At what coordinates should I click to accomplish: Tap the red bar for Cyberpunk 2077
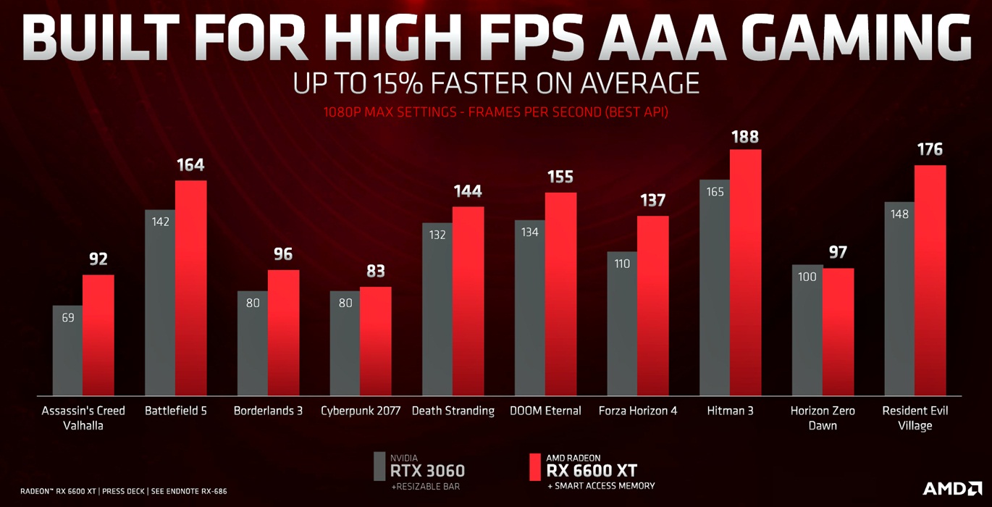tap(376, 340)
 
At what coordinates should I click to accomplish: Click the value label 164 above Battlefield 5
tap(191, 165)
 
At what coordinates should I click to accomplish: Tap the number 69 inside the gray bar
tap(68, 317)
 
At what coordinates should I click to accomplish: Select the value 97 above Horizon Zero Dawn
tap(838, 253)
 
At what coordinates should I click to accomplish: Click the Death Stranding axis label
tap(453, 411)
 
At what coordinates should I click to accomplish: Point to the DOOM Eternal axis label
tap(546, 411)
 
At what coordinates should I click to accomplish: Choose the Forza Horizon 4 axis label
tap(638, 411)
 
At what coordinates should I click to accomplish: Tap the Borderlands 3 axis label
tap(268, 411)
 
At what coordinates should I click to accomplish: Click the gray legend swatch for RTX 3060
tap(379, 466)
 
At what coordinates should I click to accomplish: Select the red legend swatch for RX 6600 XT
tap(535, 466)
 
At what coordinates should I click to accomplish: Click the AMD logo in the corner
tap(952, 488)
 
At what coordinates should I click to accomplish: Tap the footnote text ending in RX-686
tap(123, 491)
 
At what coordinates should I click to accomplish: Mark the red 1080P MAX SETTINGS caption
tap(497, 112)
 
